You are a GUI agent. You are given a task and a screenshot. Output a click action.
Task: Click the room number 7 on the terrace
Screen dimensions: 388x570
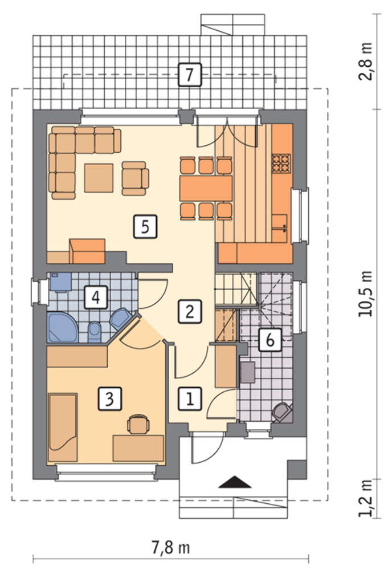click(x=189, y=75)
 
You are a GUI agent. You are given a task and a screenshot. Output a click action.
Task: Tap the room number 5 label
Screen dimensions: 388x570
click(x=145, y=227)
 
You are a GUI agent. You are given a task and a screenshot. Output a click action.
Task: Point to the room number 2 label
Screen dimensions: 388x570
click(x=189, y=311)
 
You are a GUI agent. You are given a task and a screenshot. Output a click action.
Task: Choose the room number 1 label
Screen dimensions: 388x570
click(x=190, y=399)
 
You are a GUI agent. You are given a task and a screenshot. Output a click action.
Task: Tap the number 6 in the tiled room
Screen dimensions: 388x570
click(x=270, y=340)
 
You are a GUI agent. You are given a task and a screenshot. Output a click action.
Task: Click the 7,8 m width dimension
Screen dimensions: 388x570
click(x=170, y=548)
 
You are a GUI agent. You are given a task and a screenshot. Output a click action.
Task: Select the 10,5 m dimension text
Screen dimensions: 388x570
click(x=365, y=294)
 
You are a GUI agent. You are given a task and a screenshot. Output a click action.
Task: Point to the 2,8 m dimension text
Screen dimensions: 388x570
click(x=365, y=62)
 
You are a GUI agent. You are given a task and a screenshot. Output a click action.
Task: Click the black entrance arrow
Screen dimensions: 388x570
click(x=235, y=482)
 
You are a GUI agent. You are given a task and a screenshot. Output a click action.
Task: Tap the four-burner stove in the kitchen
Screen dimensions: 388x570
click(x=281, y=163)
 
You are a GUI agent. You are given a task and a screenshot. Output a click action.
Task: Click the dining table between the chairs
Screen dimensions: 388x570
click(x=206, y=188)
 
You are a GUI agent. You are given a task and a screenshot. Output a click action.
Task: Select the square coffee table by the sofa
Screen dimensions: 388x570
click(x=99, y=178)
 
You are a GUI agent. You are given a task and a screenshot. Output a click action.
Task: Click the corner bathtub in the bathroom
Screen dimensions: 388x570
click(x=62, y=327)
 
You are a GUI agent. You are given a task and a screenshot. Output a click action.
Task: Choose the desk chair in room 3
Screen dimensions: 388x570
click(x=138, y=424)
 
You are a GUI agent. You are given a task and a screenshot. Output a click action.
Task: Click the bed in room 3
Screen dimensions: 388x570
click(x=63, y=427)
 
